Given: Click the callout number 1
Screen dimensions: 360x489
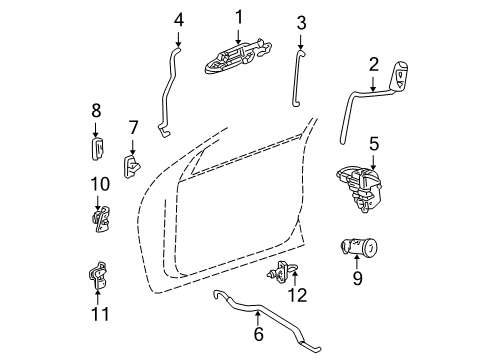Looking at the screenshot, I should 239,16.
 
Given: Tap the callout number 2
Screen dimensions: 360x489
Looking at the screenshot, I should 373,65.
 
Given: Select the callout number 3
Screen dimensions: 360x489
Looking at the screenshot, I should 301,21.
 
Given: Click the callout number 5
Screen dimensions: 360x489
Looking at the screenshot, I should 373,144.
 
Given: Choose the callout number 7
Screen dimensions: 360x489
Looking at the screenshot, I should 132,127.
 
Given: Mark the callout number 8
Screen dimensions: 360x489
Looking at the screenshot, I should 96,110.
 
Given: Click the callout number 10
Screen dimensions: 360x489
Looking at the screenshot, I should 97,184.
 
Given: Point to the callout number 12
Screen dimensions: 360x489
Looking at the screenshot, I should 293,295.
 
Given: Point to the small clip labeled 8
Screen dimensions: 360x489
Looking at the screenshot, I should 97,149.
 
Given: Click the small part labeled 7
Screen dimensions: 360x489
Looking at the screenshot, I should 132,164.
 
